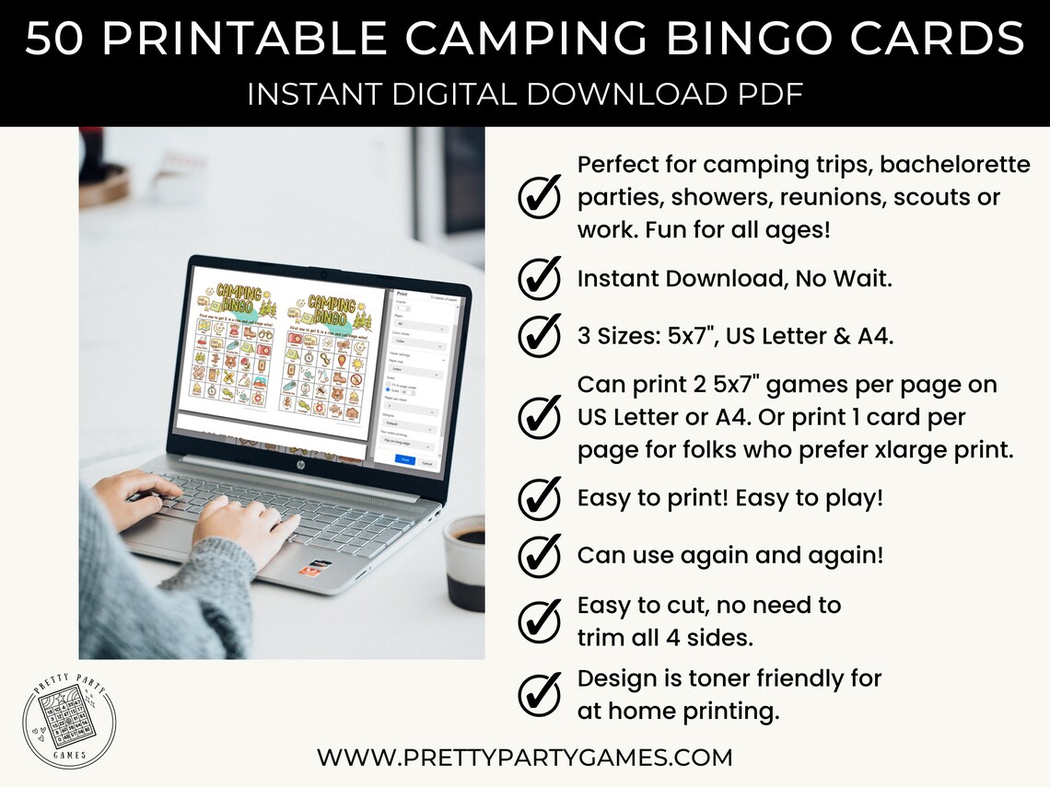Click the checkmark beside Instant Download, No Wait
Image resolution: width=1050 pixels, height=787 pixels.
click(540, 279)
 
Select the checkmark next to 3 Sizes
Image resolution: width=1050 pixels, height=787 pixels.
click(540, 334)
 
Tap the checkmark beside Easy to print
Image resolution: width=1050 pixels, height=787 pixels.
click(540, 499)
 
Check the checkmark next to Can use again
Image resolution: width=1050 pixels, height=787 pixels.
click(540, 556)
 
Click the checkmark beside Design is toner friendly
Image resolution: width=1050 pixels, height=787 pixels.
click(540, 695)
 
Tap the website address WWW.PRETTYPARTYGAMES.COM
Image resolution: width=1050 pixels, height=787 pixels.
click(525, 758)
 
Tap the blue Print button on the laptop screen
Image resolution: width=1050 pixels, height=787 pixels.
click(403, 457)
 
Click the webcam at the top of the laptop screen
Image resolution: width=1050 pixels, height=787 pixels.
click(322, 274)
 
